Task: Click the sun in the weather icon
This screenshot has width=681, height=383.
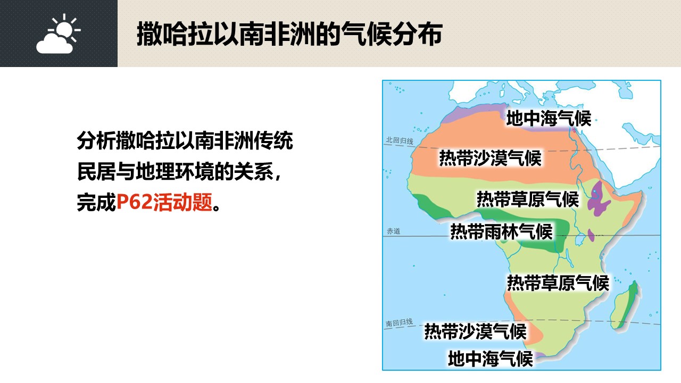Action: pos(64,29)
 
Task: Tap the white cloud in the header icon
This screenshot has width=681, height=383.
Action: pos(55,44)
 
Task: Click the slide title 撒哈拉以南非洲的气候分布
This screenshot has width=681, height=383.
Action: pos(289,34)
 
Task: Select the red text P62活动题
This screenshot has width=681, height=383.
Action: pos(164,202)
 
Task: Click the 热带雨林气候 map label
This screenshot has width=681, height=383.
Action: pos(501,231)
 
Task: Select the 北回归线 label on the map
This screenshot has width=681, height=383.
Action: pos(400,140)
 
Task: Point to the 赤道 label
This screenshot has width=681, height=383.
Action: pos(393,231)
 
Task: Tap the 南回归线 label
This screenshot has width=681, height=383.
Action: pos(399,322)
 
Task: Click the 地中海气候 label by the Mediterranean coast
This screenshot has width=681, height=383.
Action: pos(549,118)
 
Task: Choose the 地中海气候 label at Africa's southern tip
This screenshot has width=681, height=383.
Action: pos(491,359)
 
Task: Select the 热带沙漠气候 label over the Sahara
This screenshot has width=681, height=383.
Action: pos(491,158)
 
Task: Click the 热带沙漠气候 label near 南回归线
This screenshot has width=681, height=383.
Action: pos(476,331)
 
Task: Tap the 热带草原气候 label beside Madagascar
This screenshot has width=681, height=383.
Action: pos(558,283)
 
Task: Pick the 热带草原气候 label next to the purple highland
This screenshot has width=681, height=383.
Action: pos(528,199)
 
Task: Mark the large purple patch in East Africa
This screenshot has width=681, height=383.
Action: pos(597,199)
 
